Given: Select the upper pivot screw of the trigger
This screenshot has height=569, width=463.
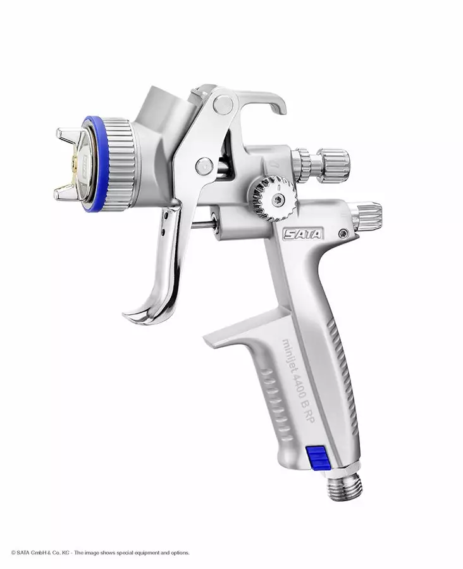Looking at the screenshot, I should (x=223, y=104).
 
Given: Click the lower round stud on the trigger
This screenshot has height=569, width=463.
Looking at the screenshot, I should (x=203, y=167).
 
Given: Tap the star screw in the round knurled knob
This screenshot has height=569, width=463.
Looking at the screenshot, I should (x=278, y=200).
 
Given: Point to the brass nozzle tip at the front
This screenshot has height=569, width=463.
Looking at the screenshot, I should (x=76, y=164).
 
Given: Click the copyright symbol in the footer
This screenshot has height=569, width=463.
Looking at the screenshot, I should (x=13, y=553).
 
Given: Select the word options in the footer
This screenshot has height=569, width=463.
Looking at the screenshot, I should (x=177, y=553).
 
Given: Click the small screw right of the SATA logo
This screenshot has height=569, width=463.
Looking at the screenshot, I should (x=343, y=234).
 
